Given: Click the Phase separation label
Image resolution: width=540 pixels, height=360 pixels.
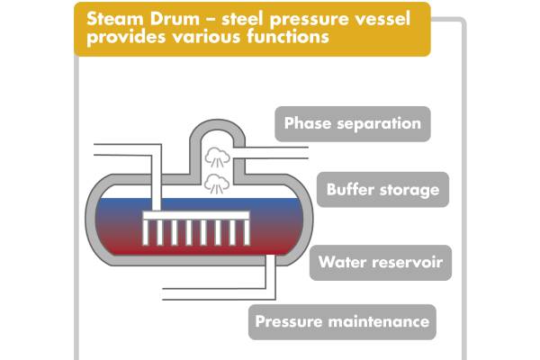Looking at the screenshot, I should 353,123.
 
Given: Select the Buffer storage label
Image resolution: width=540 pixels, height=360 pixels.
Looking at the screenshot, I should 382,190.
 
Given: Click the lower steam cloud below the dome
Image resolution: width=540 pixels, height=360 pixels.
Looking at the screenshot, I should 216,184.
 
